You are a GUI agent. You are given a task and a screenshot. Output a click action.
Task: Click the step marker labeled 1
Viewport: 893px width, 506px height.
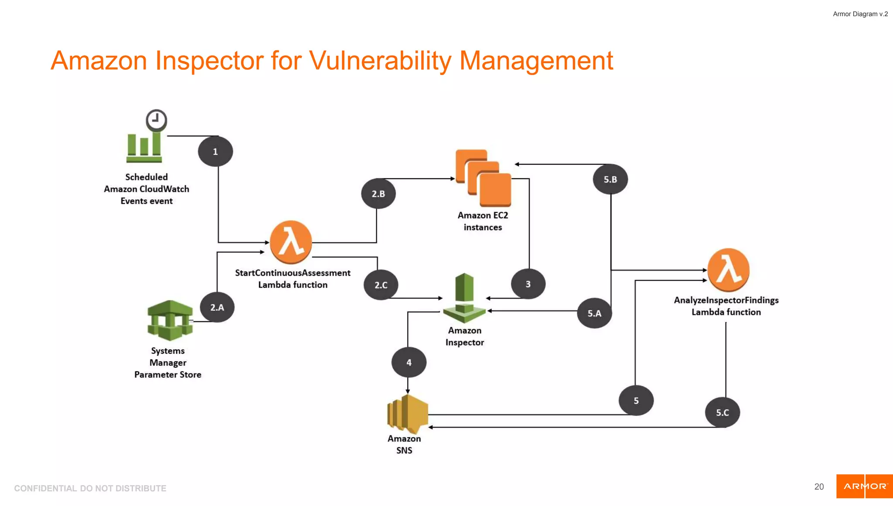click(x=215, y=152)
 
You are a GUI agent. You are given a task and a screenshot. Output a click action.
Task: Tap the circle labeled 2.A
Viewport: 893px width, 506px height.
click(x=217, y=307)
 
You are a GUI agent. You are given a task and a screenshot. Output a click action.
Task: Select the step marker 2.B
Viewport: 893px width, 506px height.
click(x=378, y=194)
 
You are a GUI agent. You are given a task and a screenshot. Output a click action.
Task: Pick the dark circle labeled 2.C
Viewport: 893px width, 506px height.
click(x=381, y=285)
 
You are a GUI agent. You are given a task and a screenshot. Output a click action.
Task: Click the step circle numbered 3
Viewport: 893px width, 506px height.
click(x=528, y=284)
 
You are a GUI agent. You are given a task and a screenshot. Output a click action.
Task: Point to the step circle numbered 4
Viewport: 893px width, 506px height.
click(x=409, y=362)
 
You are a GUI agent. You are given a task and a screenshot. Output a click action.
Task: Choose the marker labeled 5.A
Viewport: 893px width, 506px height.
click(x=594, y=313)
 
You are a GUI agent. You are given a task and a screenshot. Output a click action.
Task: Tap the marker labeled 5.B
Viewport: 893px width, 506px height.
click(x=610, y=179)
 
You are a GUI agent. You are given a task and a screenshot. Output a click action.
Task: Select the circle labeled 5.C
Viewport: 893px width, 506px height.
click(x=722, y=412)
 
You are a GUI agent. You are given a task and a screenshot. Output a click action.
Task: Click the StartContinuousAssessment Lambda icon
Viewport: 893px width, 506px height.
click(x=291, y=242)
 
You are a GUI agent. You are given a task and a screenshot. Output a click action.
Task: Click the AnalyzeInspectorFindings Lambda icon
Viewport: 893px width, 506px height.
click(x=728, y=270)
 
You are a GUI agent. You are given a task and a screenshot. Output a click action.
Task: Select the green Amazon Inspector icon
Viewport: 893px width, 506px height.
click(x=464, y=298)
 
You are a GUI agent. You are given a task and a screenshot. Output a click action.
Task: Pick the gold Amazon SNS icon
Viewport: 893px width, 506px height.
click(x=407, y=412)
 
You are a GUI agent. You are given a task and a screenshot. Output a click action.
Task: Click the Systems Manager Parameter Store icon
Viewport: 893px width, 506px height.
click(x=170, y=320)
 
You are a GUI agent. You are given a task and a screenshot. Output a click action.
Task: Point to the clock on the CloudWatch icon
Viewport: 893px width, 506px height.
click(x=156, y=120)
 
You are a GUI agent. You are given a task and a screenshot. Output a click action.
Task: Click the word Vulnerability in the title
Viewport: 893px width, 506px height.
click(x=380, y=61)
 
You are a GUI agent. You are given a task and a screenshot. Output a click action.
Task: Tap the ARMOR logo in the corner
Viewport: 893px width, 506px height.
click(x=864, y=486)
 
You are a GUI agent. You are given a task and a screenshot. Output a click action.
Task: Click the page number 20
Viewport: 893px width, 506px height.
click(x=819, y=487)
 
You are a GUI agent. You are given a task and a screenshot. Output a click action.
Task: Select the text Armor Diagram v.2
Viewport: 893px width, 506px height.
click(x=860, y=14)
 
